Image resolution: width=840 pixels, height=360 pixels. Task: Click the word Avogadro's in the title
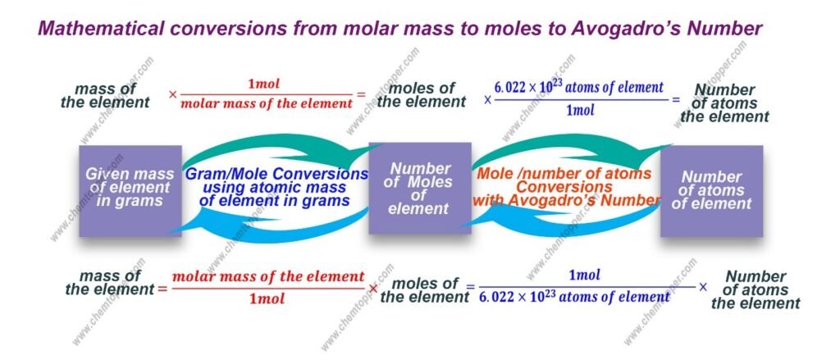point(627,29)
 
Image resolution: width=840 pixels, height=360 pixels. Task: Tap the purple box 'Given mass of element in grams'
point(130,191)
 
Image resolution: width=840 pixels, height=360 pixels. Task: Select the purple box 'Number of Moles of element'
point(420,188)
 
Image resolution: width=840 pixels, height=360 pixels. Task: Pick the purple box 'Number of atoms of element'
point(711,191)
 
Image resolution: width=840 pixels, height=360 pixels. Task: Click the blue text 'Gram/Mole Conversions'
point(276,175)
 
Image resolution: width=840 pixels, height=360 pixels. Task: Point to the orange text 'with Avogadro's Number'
point(566,200)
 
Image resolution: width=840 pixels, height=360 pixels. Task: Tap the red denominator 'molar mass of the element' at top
point(267,103)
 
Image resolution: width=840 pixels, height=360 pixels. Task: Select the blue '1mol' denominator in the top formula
point(580,111)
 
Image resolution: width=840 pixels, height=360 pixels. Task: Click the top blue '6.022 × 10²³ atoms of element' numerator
point(578,87)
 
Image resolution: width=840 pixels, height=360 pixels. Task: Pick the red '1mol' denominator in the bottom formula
point(267,298)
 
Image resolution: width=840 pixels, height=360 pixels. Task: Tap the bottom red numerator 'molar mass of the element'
point(268,277)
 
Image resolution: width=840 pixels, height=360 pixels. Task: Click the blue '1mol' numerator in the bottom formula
point(584,276)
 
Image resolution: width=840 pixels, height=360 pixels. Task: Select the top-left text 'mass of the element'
point(105,95)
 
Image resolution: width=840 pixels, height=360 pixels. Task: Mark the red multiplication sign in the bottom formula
point(373,288)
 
